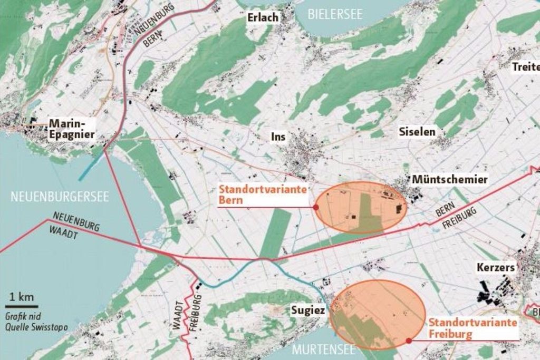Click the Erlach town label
point(263,18)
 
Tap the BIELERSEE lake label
point(335,14)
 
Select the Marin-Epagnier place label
point(72,129)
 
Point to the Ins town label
point(278,137)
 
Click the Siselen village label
point(417,132)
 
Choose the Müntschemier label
point(449,180)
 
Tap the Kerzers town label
point(495,268)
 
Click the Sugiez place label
point(308,310)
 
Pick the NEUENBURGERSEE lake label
point(60,197)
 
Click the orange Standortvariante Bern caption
point(262,195)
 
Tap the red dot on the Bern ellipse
point(316,208)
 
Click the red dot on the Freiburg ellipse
point(409,340)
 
